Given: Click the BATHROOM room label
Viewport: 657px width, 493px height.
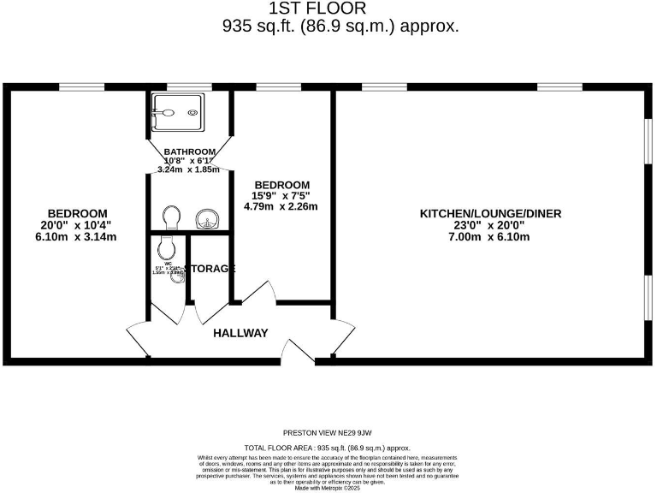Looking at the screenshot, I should point(189,151).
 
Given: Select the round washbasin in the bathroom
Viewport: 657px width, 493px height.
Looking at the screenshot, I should point(206,220).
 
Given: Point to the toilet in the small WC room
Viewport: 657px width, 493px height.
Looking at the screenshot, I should point(168,249).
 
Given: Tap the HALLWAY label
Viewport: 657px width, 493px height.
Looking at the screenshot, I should point(240,333).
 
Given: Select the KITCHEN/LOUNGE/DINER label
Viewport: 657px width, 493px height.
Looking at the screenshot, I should point(490,213).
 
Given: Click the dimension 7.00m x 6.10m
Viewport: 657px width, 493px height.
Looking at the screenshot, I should point(490,236).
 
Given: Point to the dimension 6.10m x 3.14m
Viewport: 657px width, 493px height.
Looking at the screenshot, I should point(77,236).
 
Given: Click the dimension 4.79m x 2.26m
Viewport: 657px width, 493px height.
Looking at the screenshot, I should point(281,206).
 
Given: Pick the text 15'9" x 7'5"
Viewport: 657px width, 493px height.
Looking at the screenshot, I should point(281,196).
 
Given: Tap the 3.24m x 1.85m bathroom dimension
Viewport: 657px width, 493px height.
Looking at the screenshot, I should point(189,169).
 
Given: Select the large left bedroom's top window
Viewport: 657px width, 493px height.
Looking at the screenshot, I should point(76,86).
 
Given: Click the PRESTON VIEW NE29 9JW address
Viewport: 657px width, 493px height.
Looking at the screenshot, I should point(328,433).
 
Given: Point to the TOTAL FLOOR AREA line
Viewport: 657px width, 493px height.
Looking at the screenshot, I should point(328,448).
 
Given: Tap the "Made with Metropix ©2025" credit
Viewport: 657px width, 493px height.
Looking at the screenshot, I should point(328,487).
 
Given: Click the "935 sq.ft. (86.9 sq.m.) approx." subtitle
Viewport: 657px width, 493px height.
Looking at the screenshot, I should point(340,27).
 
